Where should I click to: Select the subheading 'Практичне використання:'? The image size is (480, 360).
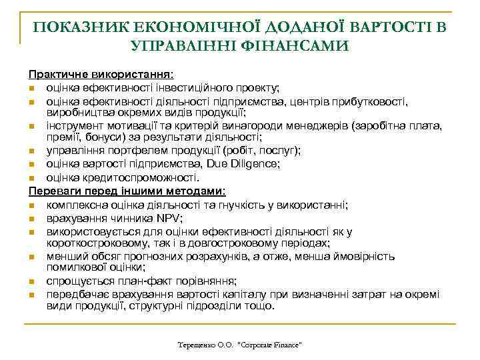tap(100, 76)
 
